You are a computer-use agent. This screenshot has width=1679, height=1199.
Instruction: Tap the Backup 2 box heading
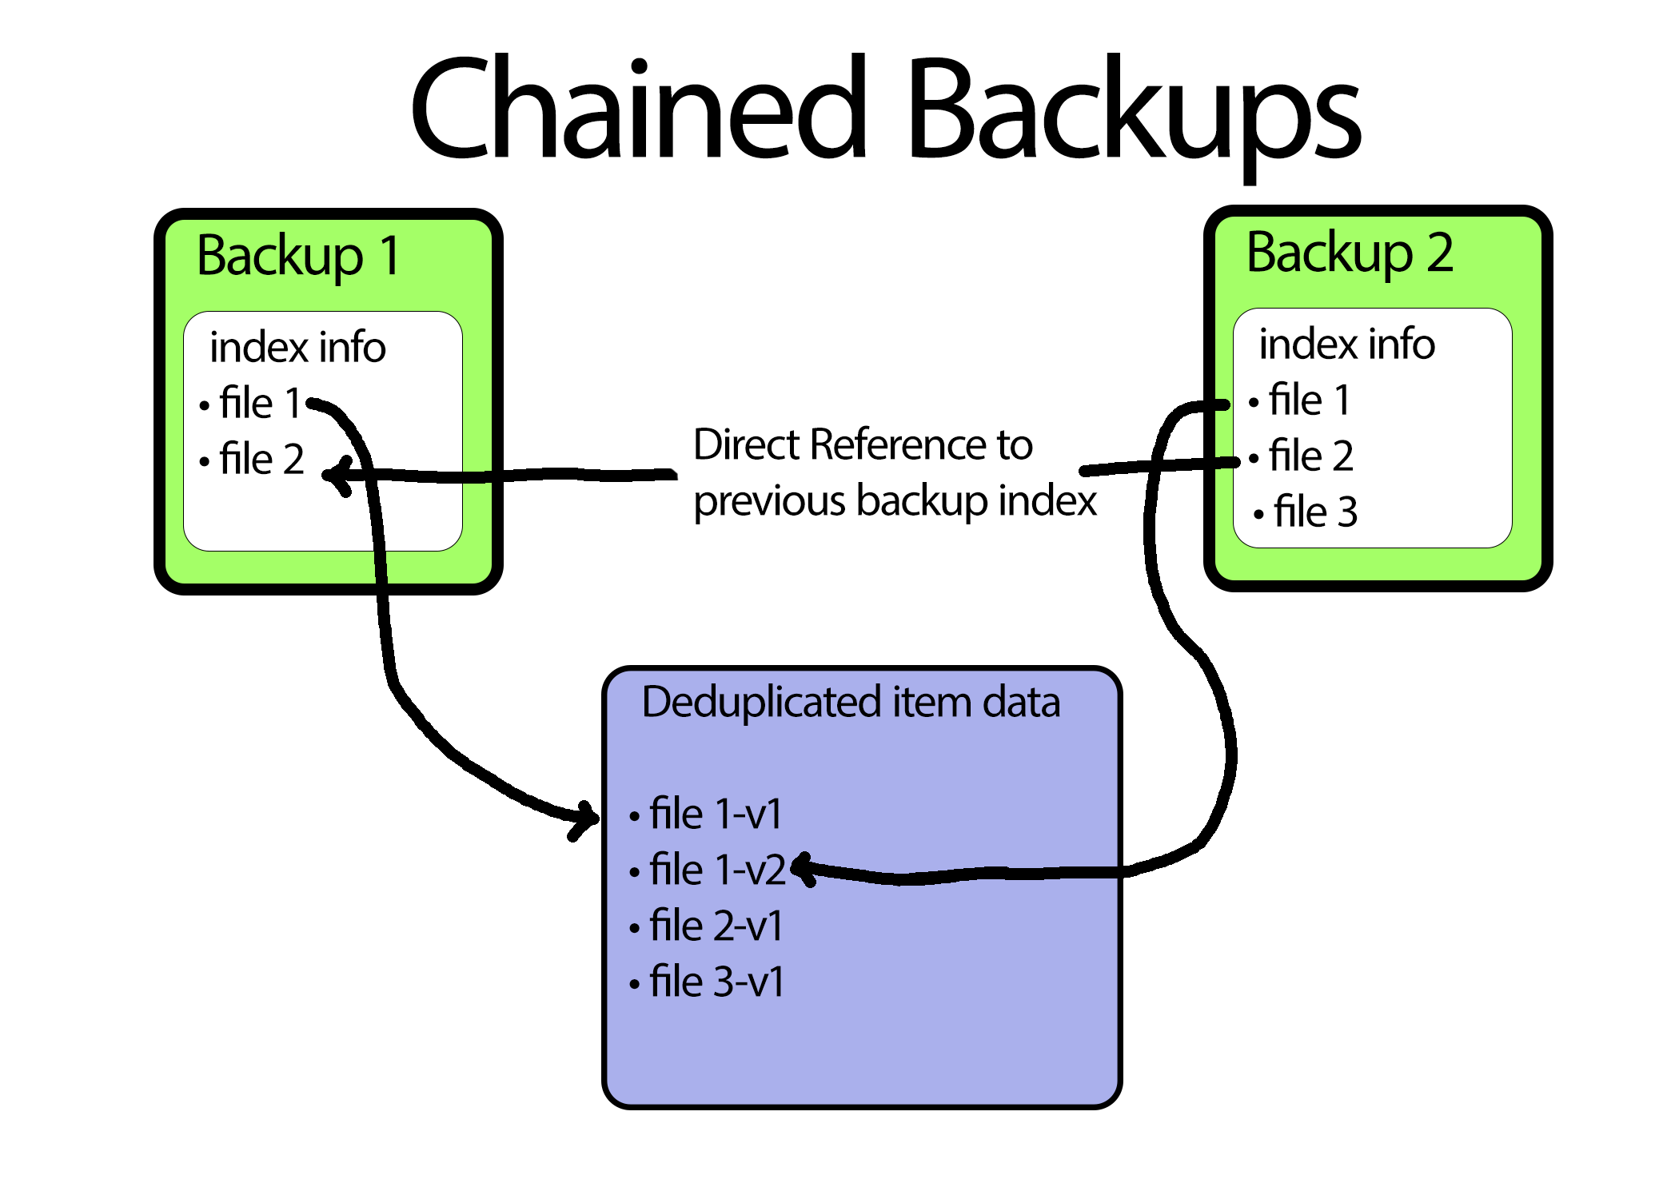click(x=1350, y=253)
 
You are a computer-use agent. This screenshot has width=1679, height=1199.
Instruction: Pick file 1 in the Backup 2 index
click(x=1309, y=400)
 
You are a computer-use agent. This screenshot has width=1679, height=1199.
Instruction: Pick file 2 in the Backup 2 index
click(x=1310, y=456)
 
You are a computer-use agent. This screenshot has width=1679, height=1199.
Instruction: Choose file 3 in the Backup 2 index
click(x=1314, y=512)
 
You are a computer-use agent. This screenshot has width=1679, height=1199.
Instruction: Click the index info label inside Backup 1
click(x=297, y=347)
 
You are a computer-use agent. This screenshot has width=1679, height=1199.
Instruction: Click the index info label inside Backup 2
click(x=1346, y=344)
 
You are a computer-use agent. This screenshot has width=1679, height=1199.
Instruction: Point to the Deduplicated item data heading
click(x=851, y=702)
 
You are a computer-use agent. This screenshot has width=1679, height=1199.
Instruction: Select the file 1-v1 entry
click(x=716, y=814)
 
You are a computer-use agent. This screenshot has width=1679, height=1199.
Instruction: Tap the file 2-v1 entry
click(x=716, y=926)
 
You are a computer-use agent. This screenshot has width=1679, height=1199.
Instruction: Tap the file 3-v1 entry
click(x=716, y=982)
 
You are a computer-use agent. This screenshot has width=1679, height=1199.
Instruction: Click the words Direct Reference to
click(x=863, y=444)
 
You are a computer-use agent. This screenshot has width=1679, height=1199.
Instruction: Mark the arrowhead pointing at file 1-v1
click(x=586, y=819)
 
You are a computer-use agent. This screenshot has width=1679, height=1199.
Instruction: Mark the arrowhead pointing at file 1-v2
click(x=803, y=869)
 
